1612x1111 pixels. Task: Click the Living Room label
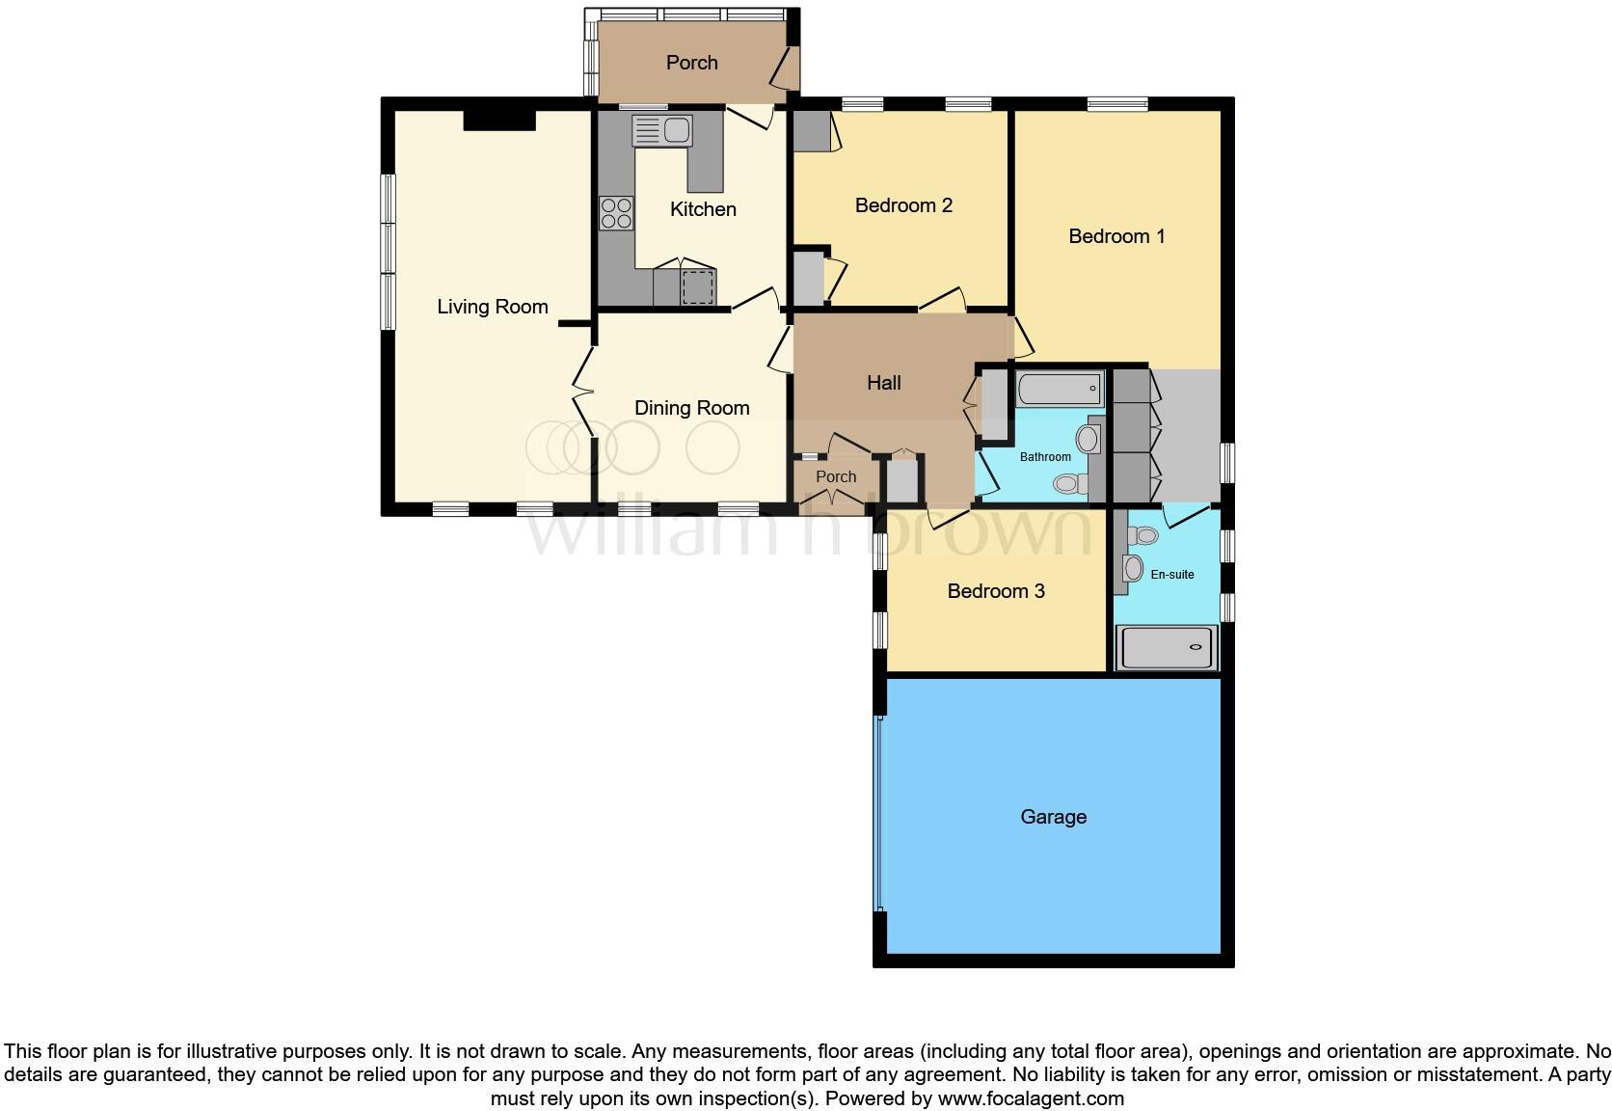[x=492, y=307]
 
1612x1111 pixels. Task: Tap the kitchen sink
[x=661, y=130]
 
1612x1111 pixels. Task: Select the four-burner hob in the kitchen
[x=616, y=213]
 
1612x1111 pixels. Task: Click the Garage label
[x=1053, y=817]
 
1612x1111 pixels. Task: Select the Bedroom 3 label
[x=995, y=591]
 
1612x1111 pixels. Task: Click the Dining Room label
[x=691, y=408]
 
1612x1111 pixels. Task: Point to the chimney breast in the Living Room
[x=498, y=120]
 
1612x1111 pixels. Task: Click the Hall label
[x=883, y=383]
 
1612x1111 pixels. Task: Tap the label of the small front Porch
[x=835, y=476]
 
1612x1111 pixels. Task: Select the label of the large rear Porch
[x=691, y=63]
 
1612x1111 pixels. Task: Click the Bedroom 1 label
[x=1116, y=236]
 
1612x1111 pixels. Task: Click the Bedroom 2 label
[x=903, y=205]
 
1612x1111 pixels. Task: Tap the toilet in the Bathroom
[x=1068, y=483]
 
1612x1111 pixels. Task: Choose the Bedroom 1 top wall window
[x=1117, y=104]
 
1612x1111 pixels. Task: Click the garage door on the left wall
[x=878, y=812]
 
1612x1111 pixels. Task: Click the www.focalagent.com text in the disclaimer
[x=1031, y=1098]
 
